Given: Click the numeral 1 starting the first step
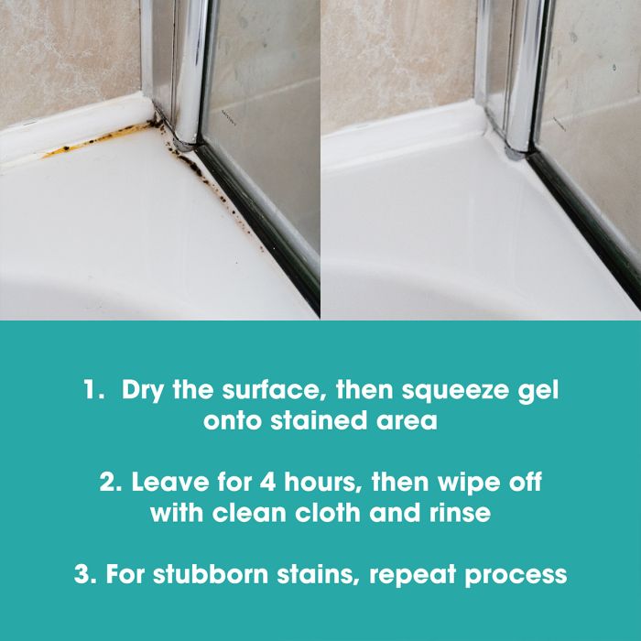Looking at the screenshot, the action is pos(89,389).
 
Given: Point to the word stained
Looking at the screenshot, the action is pos(318,420).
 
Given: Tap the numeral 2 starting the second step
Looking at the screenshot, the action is pos(107,482).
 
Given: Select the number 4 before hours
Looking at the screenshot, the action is pos(267,482).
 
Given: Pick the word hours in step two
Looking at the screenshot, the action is pos(320,482).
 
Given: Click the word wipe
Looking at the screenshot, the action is pos(469,483).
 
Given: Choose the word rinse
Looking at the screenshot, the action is pos(460,513).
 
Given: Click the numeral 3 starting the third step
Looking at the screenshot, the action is pos(81,573).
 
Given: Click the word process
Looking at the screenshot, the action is pos(516,576).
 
